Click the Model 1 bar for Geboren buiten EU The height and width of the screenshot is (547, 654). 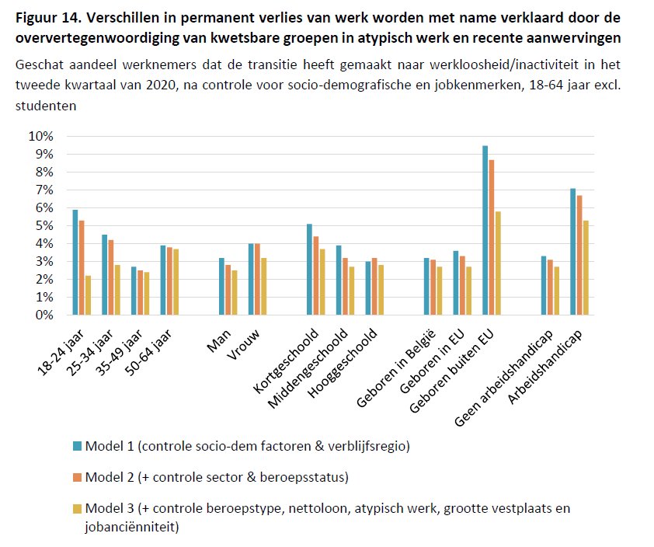point(485,230)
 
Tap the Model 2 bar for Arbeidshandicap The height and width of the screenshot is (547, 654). point(579,255)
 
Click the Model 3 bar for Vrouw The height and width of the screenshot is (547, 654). point(264,286)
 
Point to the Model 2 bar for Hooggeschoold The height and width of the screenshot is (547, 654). point(375,286)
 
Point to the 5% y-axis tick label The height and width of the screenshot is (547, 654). point(43,225)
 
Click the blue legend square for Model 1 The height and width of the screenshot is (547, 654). point(76,446)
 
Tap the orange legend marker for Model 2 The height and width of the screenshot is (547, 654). point(76,477)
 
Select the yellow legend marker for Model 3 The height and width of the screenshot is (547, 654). point(76,509)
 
